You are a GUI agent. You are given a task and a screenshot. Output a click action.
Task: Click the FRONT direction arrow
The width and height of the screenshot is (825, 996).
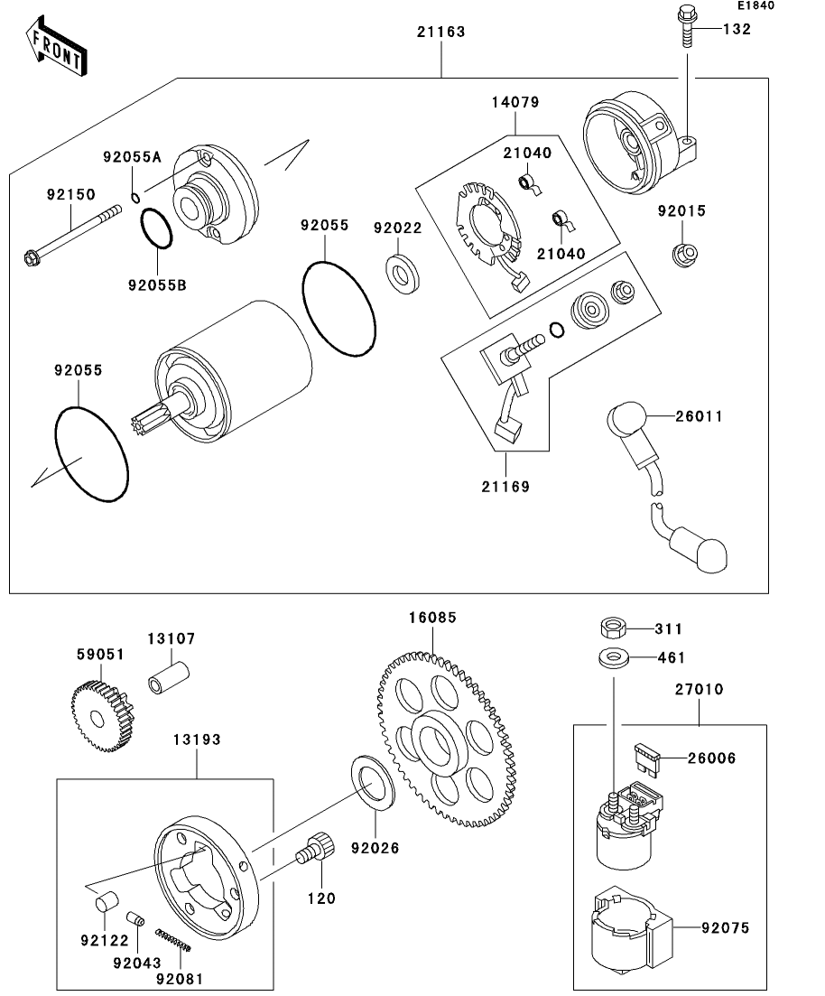click(57, 48)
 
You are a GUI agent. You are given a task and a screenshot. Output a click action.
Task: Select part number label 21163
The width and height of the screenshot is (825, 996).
click(440, 32)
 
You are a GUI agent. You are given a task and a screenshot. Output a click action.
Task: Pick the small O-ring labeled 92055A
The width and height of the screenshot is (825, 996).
click(134, 199)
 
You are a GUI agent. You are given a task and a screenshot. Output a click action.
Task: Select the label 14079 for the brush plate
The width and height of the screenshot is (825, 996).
click(515, 103)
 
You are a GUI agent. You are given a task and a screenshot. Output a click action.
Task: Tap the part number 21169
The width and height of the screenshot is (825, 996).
click(505, 487)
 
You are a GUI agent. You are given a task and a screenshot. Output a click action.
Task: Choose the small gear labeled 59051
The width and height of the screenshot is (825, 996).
click(102, 718)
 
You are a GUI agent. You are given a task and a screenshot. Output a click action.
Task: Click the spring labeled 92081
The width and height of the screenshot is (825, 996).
click(174, 939)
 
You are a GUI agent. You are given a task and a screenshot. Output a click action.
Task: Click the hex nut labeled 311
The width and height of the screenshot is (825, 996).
click(613, 628)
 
